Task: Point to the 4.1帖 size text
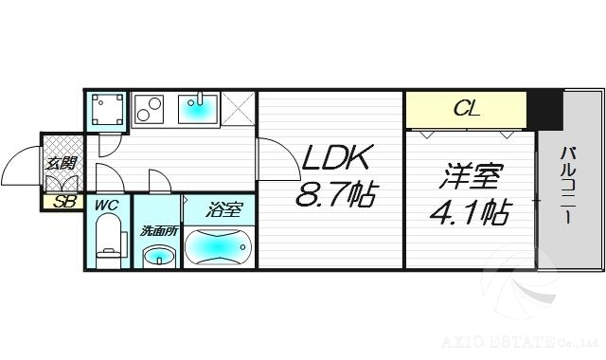[470, 210]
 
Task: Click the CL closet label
[467, 109]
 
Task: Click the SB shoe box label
[64, 201]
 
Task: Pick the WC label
[104, 204]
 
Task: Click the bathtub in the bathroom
[218, 247]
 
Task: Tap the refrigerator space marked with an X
[240, 109]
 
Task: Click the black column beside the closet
[544, 109]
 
